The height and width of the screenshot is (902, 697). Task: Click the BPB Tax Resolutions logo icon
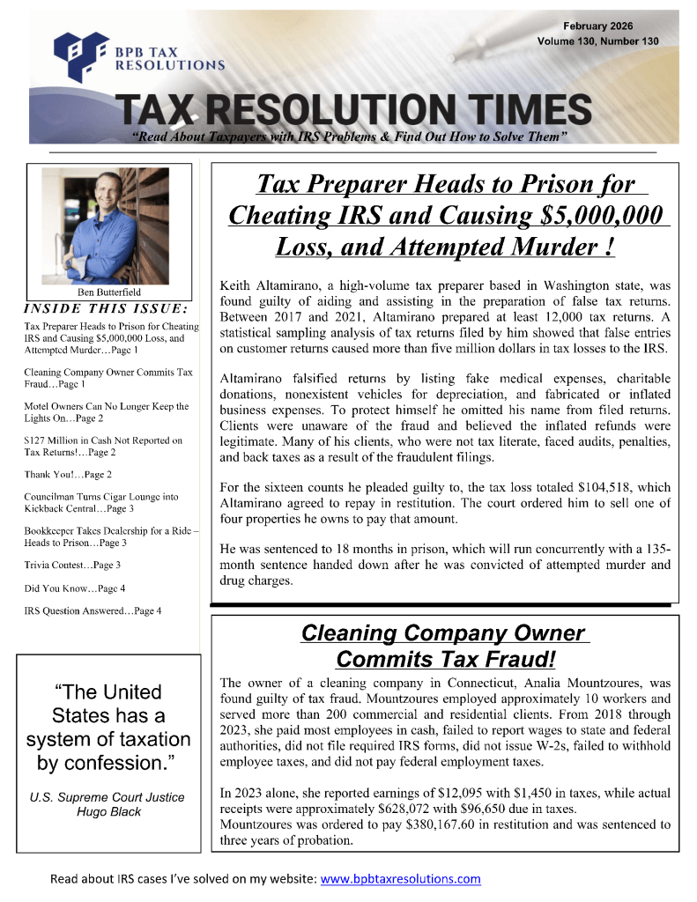pyautogui.click(x=79, y=54)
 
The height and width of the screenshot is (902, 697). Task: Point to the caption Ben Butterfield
pyautogui.click(x=103, y=292)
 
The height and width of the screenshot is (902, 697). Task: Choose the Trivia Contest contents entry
pyautogui.click(x=73, y=564)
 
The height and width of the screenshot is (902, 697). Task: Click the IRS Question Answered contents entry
pyautogui.click(x=93, y=610)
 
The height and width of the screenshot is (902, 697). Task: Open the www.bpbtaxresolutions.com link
pyautogui.click(x=400, y=879)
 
